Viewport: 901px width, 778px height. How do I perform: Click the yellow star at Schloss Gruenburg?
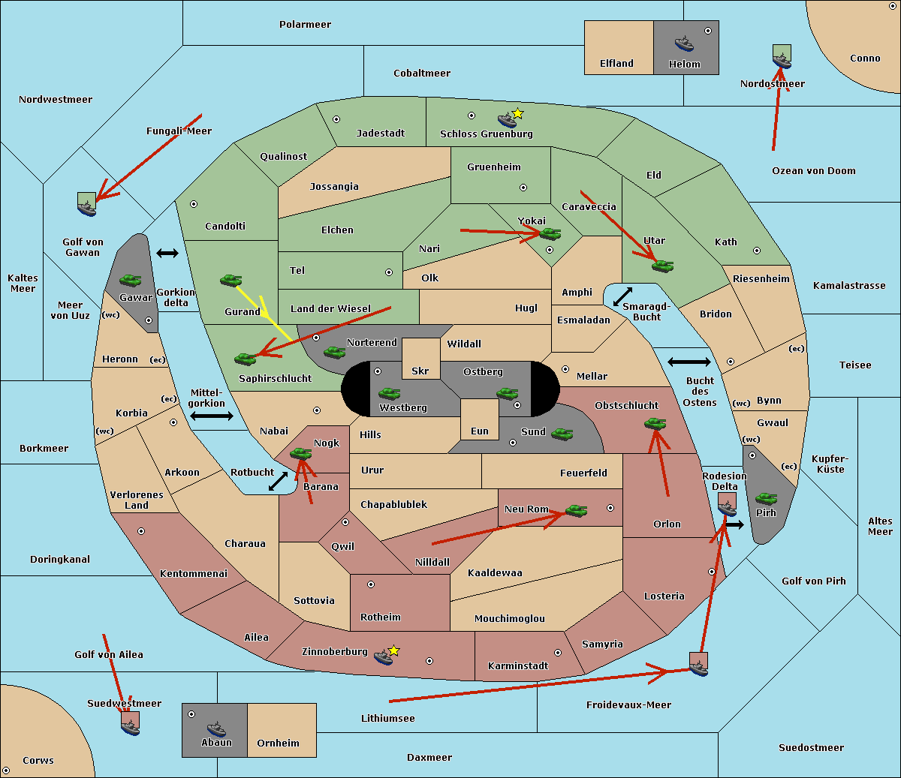[517, 113]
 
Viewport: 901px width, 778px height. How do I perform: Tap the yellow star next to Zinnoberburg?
[393, 650]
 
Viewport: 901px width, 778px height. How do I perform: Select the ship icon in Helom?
[684, 43]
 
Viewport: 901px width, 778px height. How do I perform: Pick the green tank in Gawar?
[131, 280]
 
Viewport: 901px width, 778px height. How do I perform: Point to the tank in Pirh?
[766, 498]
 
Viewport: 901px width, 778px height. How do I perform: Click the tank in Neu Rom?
[576, 510]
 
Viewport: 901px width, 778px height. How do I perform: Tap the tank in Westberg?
[389, 393]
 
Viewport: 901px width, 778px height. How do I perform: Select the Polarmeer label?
[305, 25]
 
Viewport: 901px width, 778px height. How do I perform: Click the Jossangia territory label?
[334, 187]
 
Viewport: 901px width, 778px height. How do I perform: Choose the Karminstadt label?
[518, 666]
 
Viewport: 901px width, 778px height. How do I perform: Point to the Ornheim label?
[278, 743]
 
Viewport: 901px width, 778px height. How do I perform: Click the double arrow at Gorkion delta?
[167, 254]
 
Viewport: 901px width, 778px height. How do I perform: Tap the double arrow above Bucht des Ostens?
[689, 362]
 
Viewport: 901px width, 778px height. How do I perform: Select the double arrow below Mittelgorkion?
[212, 416]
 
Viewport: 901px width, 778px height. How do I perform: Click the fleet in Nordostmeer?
[782, 57]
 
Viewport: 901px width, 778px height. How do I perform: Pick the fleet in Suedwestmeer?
[130, 723]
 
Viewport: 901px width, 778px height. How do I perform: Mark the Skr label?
[420, 371]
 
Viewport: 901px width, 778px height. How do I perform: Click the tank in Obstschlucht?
[655, 424]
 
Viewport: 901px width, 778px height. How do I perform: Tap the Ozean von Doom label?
[814, 171]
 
